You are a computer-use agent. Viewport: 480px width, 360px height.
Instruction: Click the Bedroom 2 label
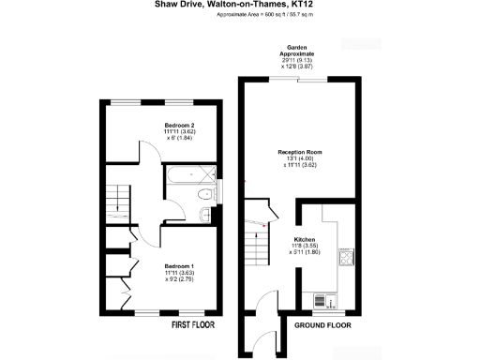(x=178, y=125)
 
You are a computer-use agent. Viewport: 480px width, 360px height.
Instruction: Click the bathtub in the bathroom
(x=190, y=175)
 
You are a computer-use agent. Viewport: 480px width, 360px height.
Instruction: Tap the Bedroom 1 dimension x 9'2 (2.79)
(x=179, y=279)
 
